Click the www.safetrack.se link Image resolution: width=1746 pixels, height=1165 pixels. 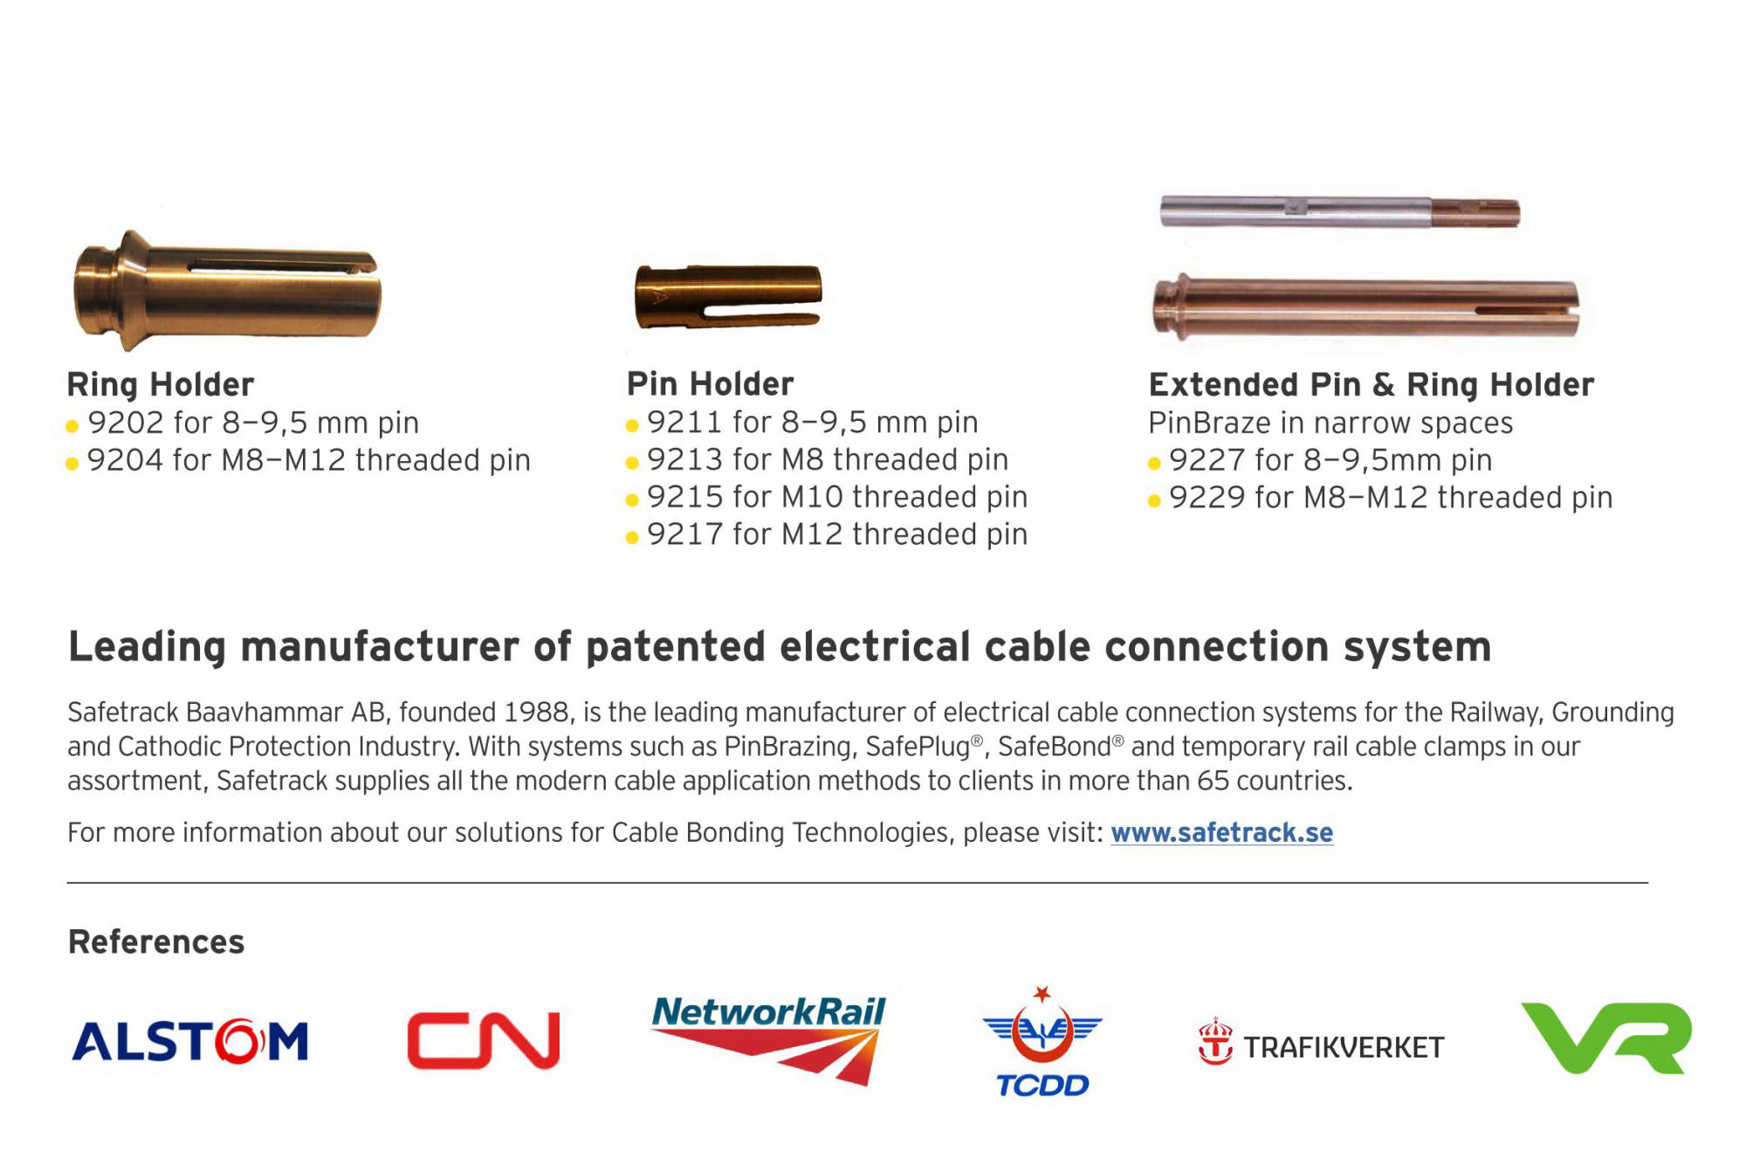click(x=1221, y=832)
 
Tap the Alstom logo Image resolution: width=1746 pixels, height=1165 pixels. click(x=190, y=1041)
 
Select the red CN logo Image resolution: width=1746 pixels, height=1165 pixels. click(x=483, y=1040)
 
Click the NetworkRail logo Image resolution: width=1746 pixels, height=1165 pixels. click(x=768, y=1039)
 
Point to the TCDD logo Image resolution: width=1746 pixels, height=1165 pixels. click(x=1042, y=1042)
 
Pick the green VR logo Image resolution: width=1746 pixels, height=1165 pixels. click(x=1606, y=1037)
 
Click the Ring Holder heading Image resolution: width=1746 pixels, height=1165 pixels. click(x=161, y=384)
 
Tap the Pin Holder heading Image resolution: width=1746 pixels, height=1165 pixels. click(x=711, y=383)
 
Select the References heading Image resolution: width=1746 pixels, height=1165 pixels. click(x=156, y=941)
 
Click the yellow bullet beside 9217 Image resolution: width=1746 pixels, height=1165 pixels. click(x=632, y=537)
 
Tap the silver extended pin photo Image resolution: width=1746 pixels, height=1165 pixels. click(x=1340, y=212)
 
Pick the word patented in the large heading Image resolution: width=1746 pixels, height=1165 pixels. click(x=677, y=647)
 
